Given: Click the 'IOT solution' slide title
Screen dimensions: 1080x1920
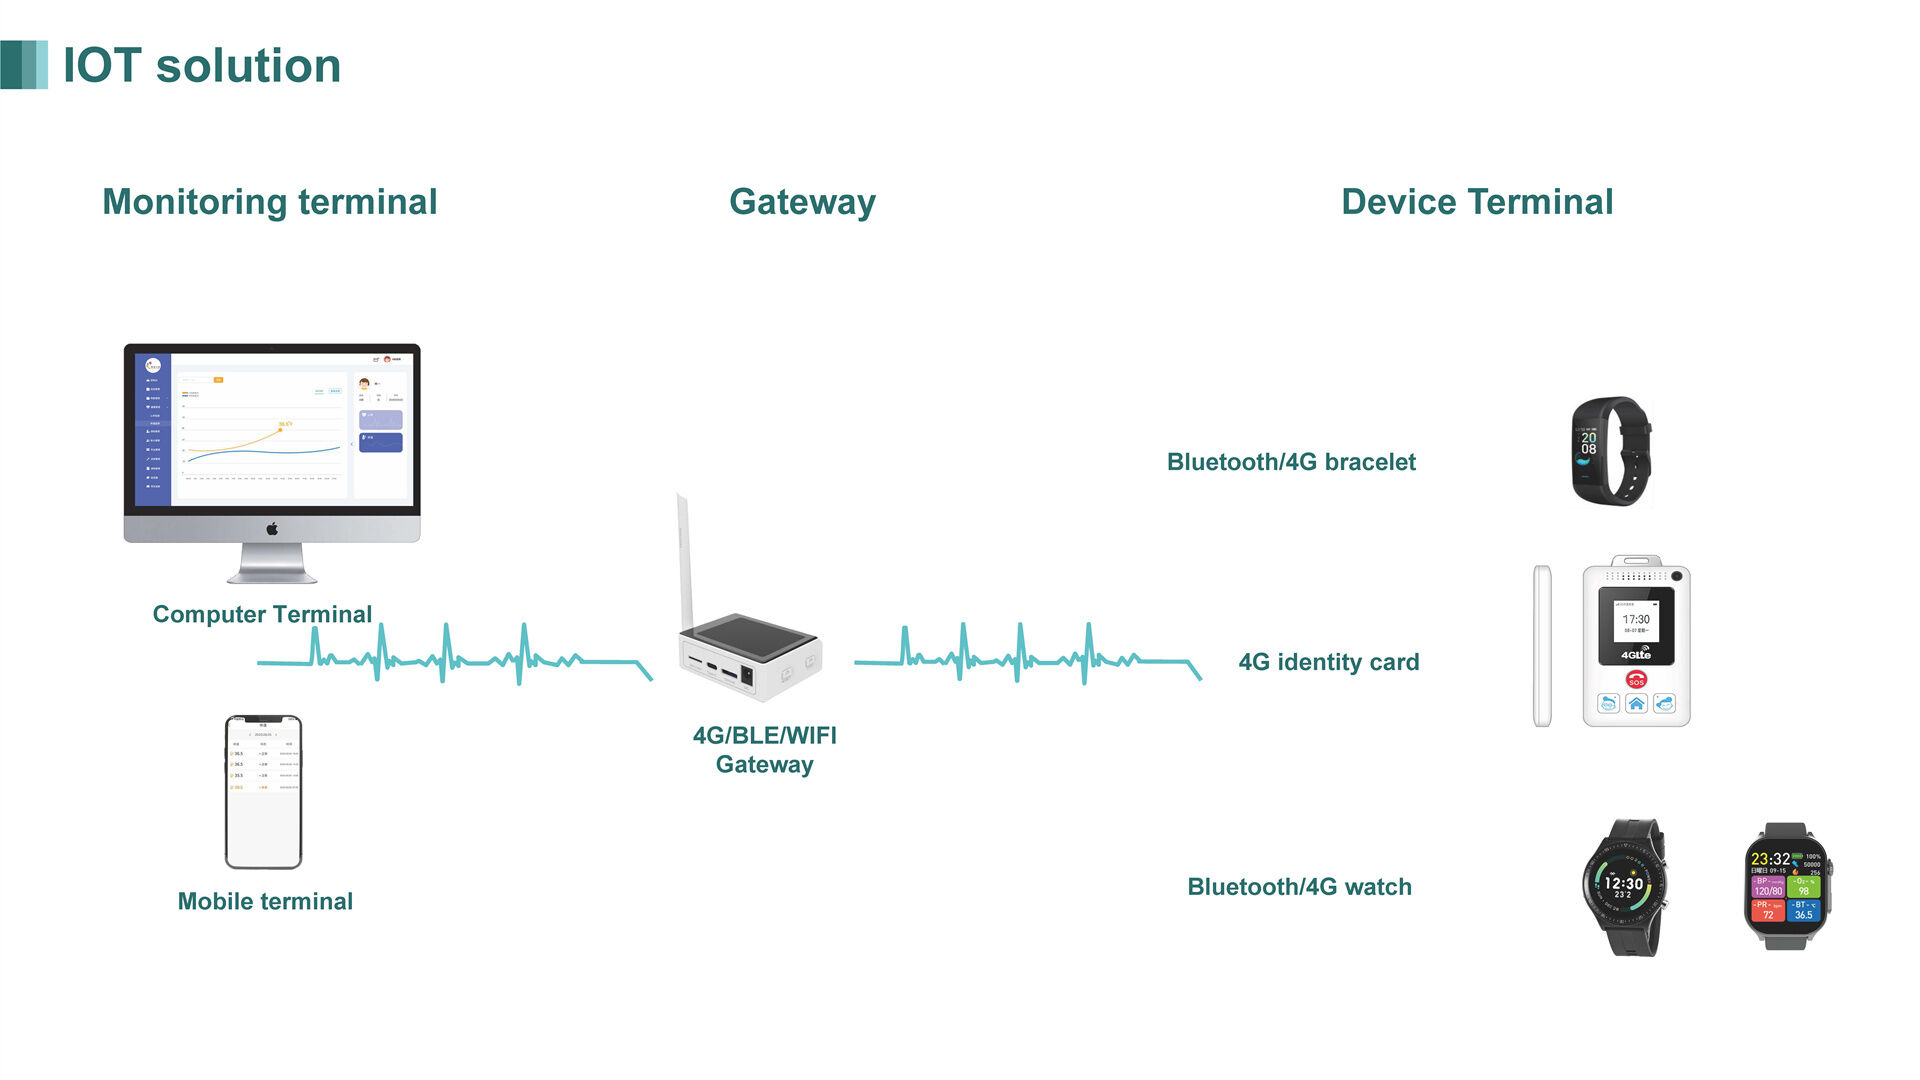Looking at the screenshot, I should (x=201, y=66).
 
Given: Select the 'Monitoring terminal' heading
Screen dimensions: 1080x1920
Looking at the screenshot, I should (x=270, y=202).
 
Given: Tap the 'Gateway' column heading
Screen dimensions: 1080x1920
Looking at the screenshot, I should (x=802, y=202).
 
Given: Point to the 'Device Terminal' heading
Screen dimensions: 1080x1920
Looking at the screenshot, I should (x=1476, y=202).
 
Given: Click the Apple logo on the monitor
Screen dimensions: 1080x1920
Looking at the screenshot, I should (x=272, y=529).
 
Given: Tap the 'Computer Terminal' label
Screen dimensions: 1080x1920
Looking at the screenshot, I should (x=262, y=614).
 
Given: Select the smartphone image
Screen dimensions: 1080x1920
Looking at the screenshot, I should (x=263, y=791).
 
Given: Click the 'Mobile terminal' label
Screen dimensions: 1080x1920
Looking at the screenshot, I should (x=265, y=901).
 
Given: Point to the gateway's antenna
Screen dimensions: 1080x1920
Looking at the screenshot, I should (x=685, y=560).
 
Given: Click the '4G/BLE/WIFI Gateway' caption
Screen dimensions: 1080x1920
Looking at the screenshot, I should (x=765, y=749).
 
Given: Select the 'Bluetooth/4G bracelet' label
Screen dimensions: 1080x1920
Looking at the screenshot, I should (x=1291, y=462).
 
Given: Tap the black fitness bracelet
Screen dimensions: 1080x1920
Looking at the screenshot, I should (x=1610, y=451).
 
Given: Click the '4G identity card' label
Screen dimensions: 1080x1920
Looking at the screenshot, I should (x=1328, y=662).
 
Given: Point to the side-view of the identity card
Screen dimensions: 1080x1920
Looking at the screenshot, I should (x=1542, y=646).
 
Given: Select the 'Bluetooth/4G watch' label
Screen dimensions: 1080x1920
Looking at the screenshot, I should (x=1299, y=887).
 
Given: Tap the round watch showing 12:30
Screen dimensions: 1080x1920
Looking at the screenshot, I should (x=1624, y=886).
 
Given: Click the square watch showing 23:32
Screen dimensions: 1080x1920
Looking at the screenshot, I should (x=1787, y=886).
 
